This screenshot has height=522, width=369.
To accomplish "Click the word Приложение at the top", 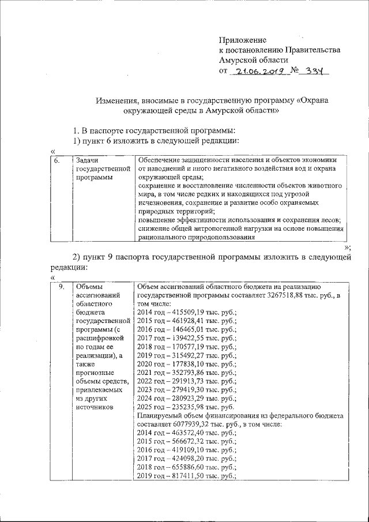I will point(242,40).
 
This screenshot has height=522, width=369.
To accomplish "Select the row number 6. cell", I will point(58,160).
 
